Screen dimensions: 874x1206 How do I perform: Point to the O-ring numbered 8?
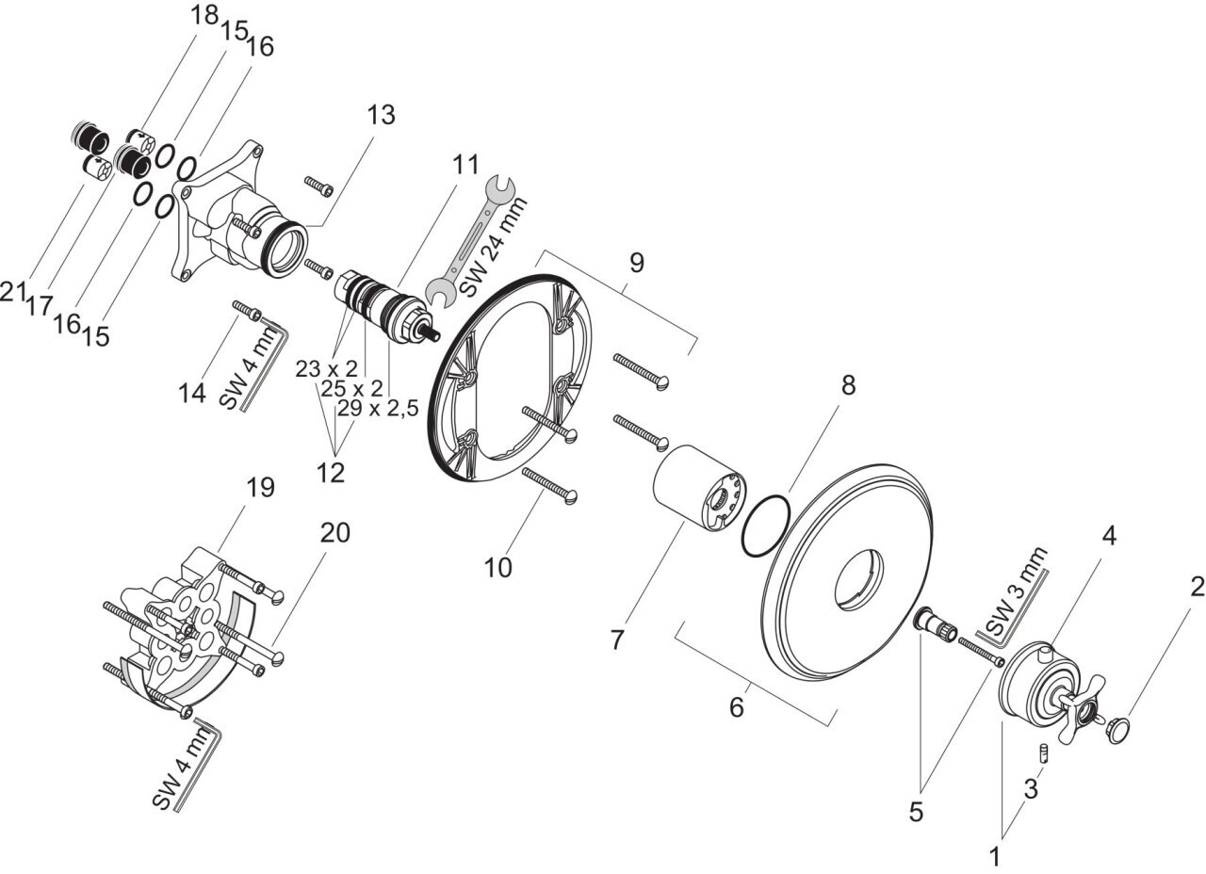tap(764, 527)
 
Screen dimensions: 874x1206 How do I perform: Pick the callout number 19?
tap(260, 488)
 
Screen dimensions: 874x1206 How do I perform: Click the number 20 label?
tap(334, 533)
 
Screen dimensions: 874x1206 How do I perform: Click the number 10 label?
tap(498, 568)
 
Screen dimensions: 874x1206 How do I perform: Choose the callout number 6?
tap(736, 705)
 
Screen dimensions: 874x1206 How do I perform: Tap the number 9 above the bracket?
tap(637, 263)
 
